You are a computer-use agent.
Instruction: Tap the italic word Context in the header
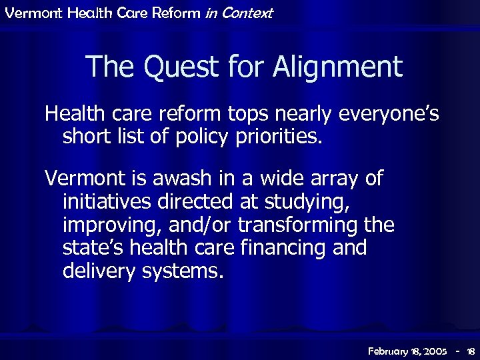tap(248, 13)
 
